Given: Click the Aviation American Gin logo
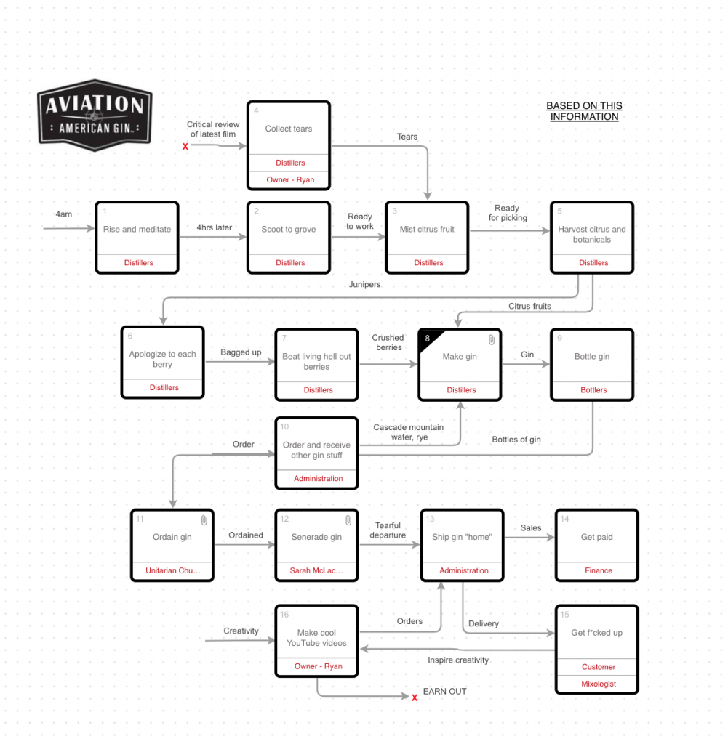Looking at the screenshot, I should pos(95,116).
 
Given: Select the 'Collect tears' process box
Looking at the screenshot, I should pos(289,129).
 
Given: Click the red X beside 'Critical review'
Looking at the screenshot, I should pos(185,147).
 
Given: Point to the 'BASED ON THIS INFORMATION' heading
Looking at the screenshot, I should pos(584,111).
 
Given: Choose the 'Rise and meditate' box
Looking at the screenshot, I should pos(137,230).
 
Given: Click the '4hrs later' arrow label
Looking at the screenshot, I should pos(214,227).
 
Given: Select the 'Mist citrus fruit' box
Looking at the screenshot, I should pos(427,230).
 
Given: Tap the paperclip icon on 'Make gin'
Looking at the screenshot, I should pos(491,339).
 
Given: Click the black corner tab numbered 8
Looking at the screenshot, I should pos(429,339).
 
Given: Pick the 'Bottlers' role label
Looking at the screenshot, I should pos(593,390).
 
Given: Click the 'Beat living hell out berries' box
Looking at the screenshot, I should pos(316,362).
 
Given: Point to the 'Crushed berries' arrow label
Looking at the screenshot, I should pos(388,342).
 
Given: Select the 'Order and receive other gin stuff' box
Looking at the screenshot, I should pos(316,450).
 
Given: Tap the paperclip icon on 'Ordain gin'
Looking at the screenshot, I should pos(204,519).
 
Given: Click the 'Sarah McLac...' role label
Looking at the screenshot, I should pos(316,570).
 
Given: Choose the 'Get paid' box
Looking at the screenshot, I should pos(596,538).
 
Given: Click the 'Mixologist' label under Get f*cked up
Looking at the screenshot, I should pos(599,684).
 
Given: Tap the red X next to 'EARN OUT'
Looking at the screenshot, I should pos(415,697).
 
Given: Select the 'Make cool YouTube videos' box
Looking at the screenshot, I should pos(316,638).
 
